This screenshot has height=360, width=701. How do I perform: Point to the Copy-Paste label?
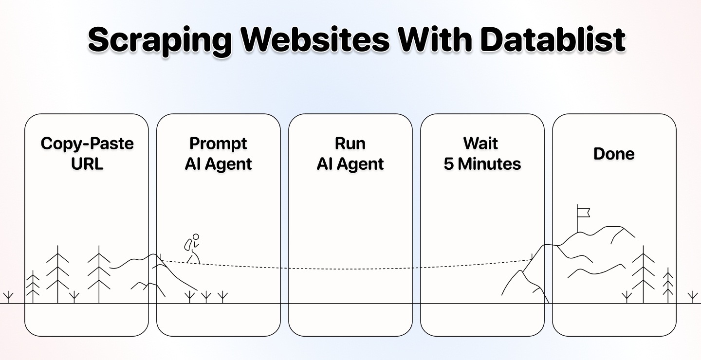pyautogui.click(x=87, y=144)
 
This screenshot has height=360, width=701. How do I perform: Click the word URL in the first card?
pyautogui.click(x=87, y=164)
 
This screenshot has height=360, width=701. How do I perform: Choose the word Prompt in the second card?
pyautogui.click(x=218, y=144)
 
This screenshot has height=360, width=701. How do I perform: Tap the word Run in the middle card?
pyautogui.click(x=350, y=144)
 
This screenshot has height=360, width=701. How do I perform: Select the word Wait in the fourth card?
pyautogui.click(x=481, y=144)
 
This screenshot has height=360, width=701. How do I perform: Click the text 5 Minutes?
pyautogui.click(x=482, y=164)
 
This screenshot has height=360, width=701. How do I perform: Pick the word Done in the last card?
pyautogui.click(x=614, y=154)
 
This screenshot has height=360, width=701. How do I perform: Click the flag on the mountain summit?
pyautogui.click(x=583, y=212)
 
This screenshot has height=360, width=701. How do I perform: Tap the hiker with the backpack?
pyautogui.click(x=192, y=249)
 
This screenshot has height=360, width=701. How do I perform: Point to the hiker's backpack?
pyautogui.click(x=187, y=244)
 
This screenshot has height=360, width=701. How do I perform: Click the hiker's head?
pyautogui.click(x=196, y=237)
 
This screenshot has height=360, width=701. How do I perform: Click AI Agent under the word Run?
pyautogui.click(x=350, y=164)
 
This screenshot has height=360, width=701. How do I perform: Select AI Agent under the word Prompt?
pyautogui.click(x=218, y=164)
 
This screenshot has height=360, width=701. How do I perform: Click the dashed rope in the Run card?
pyautogui.click(x=350, y=269)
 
